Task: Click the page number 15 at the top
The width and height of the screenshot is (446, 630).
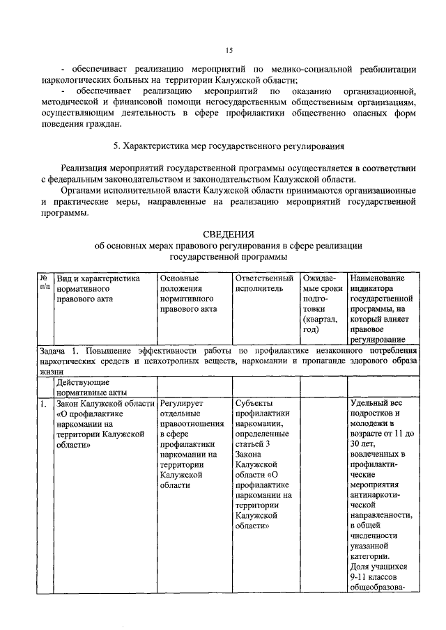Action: coord(229,50)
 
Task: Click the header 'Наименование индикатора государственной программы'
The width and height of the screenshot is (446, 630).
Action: coord(381,308)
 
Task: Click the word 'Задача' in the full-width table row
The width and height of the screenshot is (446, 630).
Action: coord(53,350)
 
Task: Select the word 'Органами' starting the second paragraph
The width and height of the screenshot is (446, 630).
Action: coord(82,190)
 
